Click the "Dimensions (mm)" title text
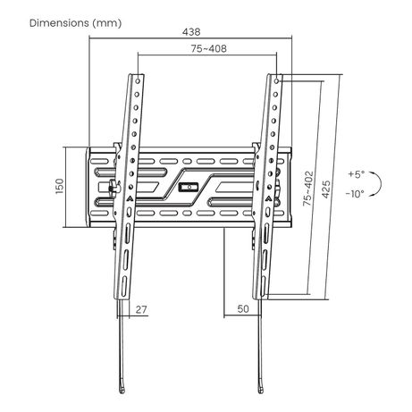(75, 23)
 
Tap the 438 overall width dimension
(191, 32)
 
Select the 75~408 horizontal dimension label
(208, 48)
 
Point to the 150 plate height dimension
(60, 186)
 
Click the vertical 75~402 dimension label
(308, 189)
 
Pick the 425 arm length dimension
(326, 189)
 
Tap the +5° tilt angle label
(357, 174)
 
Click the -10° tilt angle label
(355, 194)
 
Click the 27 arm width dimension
(141, 309)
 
